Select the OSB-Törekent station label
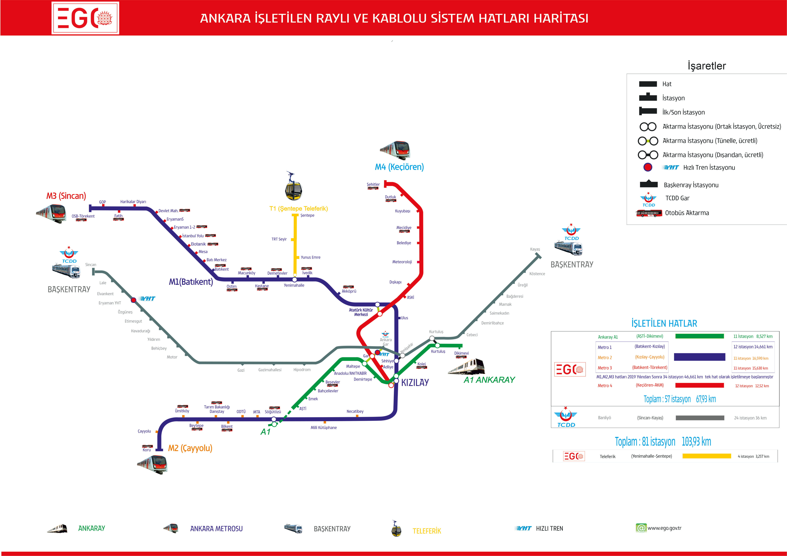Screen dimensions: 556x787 pos(83,216)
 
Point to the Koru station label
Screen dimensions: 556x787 pos(147,450)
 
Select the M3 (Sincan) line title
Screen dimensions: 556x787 pos(66,196)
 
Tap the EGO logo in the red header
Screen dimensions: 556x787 pos(85,18)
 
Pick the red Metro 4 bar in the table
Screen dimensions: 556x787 pos(699,385)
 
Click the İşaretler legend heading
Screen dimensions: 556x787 pos(706,66)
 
